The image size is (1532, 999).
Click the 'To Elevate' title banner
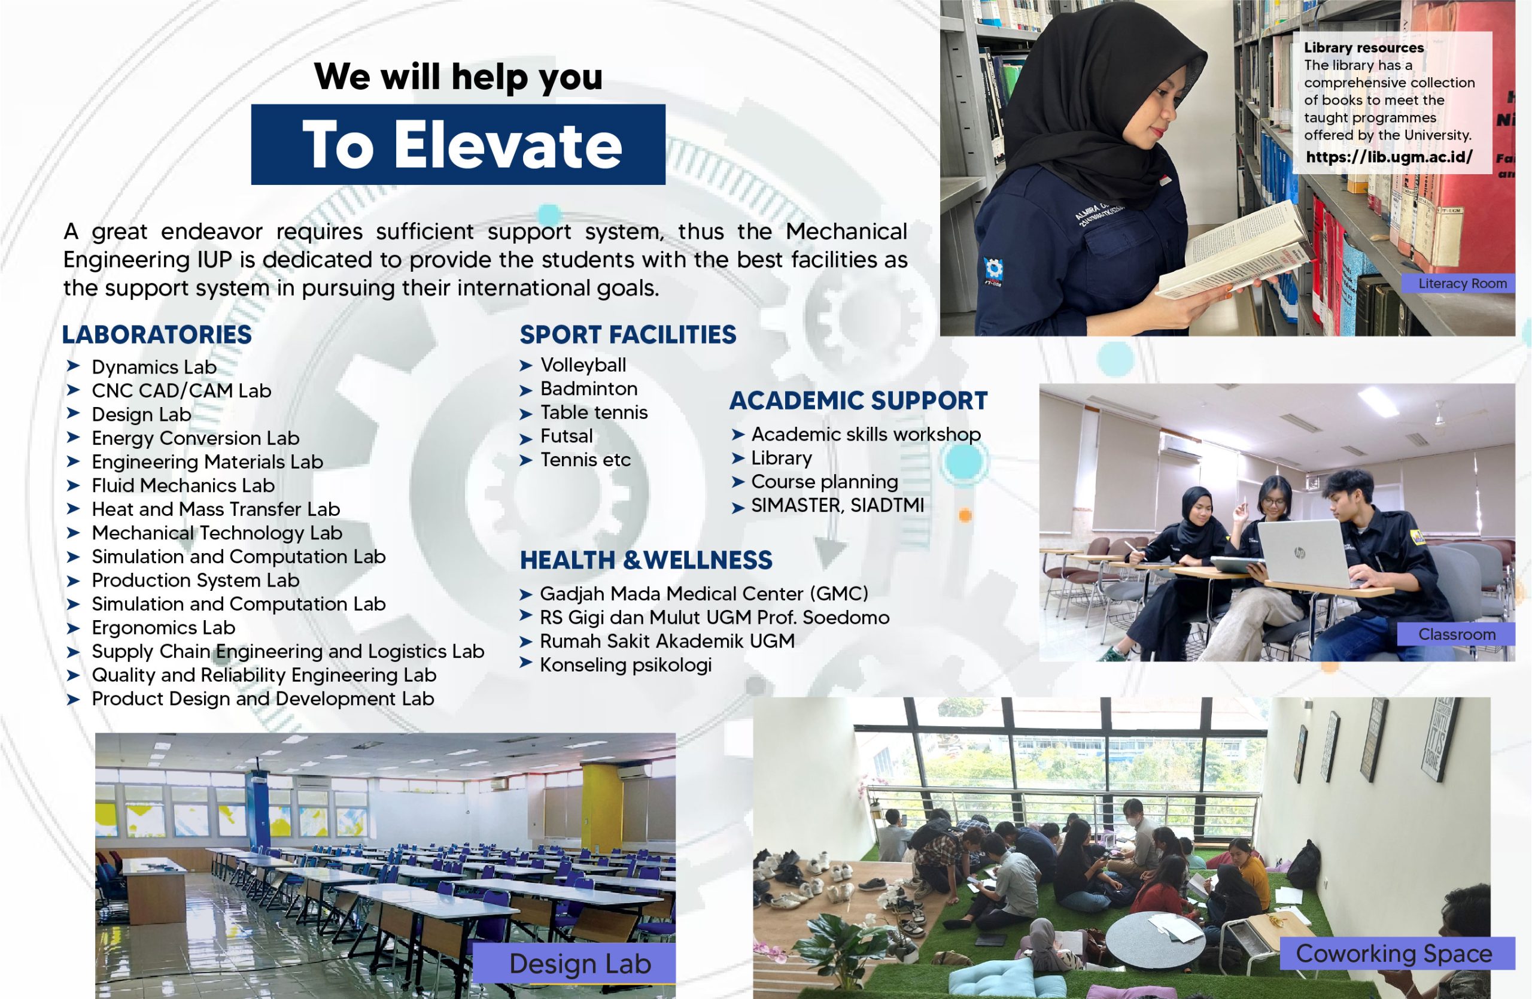(x=458, y=144)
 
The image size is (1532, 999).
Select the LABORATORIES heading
(x=157, y=335)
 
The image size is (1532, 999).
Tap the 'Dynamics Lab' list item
(x=154, y=367)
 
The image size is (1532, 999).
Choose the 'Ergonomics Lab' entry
(x=163, y=628)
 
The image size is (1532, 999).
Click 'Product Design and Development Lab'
(x=263, y=699)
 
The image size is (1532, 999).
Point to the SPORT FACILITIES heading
(x=628, y=335)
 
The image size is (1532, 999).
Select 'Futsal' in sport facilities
(x=567, y=436)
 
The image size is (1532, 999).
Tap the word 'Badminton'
(x=589, y=389)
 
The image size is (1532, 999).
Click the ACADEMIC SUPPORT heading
(x=858, y=400)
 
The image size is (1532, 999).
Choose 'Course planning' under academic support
(x=825, y=481)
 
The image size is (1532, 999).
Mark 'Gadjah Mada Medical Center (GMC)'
(x=704, y=594)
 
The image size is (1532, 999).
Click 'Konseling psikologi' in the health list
(x=626, y=665)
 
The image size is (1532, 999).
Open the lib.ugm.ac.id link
(x=1389, y=157)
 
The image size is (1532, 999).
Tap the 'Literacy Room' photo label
(x=1463, y=283)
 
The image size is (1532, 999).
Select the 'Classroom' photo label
(x=1457, y=634)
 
